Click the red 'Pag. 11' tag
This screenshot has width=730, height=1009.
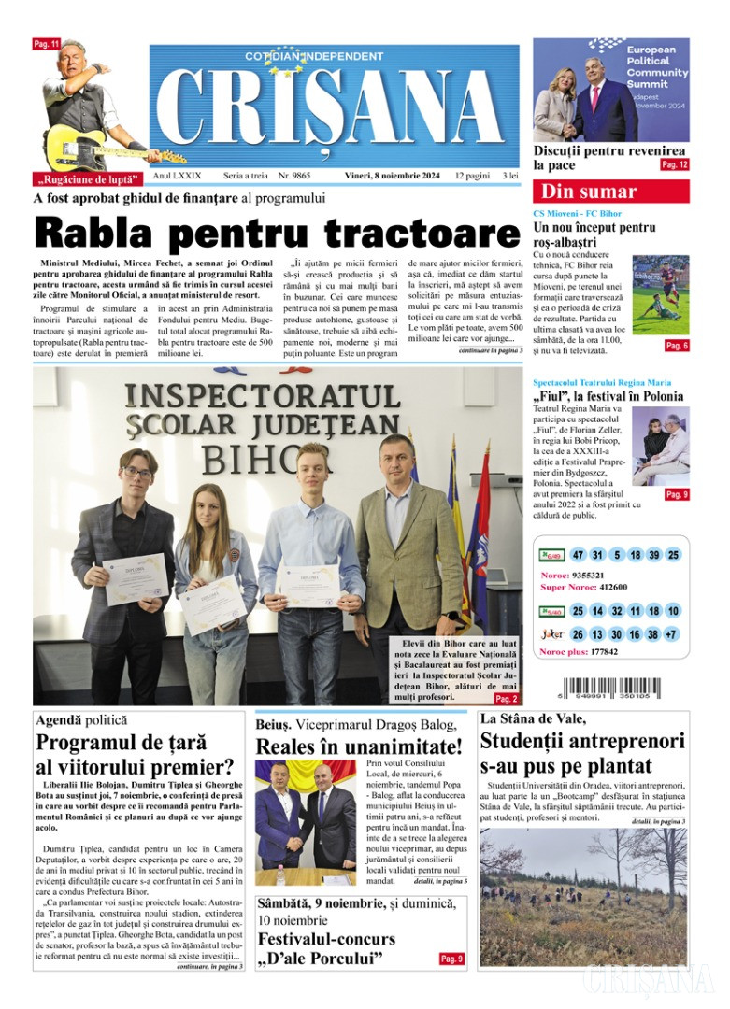pyautogui.click(x=47, y=44)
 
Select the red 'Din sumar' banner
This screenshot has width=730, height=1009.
pyautogui.click(x=610, y=192)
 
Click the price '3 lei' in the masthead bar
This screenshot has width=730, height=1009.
pyautogui.click(x=509, y=176)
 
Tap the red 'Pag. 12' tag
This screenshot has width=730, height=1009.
pyautogui.click(x=674, y=164)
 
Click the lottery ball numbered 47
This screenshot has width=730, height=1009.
pyautogui.click(x=578, y=555)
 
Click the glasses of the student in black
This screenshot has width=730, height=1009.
pyautogui.click(x=136, y=474)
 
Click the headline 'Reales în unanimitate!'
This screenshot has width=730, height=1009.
pyautogui.click(x=359, y=747)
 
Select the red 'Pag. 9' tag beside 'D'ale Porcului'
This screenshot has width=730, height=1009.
pyautogui.click(x=451, y=959)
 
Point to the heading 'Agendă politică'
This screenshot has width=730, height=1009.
pyautogui.click(x=80, y=720)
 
